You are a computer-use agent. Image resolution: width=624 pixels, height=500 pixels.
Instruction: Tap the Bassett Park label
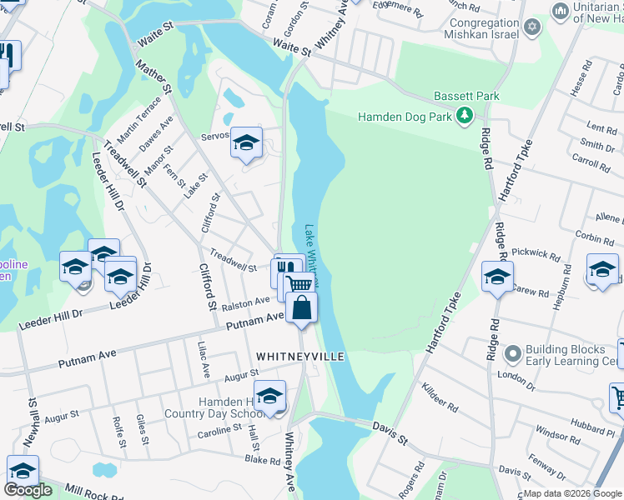pyautogui.click(x=466, y=97)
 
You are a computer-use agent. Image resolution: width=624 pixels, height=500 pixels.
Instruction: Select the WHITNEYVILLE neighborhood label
pyautogui.click(x=300, y=356)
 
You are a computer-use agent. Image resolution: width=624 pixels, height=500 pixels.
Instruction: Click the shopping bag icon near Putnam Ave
pyautogui.click(x=301, y=309)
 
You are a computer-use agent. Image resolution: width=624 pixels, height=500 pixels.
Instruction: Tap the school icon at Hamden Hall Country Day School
pyautogui.click(x=269, y=397)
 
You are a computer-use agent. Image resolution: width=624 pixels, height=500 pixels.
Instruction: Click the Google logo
pyautogui.click(x=28, y=490)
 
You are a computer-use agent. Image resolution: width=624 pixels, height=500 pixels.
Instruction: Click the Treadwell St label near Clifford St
pyautogui.click(x=233, y=261)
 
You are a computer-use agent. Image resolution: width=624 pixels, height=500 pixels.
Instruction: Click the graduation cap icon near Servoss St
pyautogui.click(x=246, y=143)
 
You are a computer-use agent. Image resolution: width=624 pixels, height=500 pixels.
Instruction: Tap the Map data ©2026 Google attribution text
pyautogui.click(x=572, y=493)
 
